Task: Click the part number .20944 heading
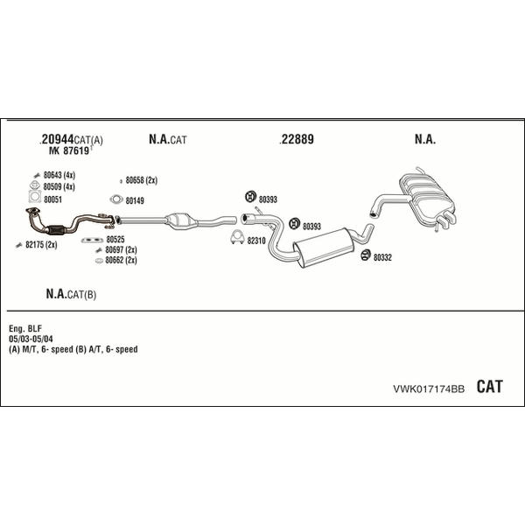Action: point(57,139)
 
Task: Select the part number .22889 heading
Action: point(297,139)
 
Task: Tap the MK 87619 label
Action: point(69,150)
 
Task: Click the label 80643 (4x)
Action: point(59,175)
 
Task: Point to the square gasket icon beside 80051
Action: point(35,197)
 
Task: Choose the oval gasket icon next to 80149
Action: point(116,199)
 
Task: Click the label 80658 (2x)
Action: point(141,180)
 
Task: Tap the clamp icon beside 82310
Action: point(237,238)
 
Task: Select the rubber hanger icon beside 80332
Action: point(366,255)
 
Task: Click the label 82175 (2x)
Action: point(41,245)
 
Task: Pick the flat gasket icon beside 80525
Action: point(92,240)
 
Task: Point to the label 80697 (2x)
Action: point(121,249)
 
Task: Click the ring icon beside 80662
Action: point(99,261)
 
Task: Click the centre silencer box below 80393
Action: point(324,248)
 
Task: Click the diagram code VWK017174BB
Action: point(429,388)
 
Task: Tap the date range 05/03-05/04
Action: point(31,339)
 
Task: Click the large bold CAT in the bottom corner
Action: point(489,387)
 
